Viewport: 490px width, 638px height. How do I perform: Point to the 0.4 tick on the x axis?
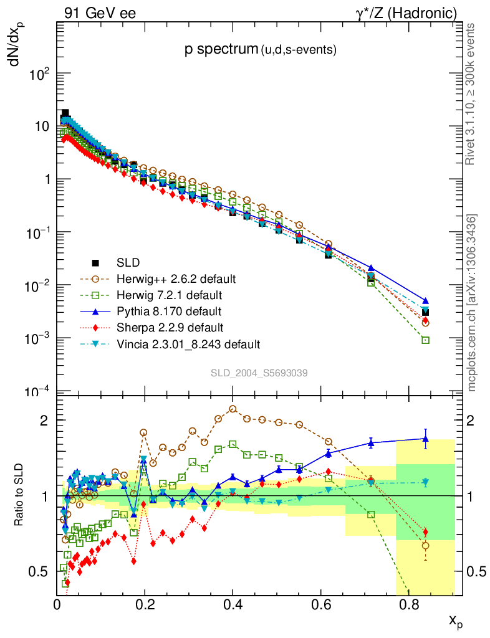(233, 603)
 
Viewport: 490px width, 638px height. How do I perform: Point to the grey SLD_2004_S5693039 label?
(258, 373)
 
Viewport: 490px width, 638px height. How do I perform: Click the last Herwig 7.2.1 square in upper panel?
(425, 340)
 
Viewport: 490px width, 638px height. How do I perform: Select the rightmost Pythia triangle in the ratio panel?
(425, 439)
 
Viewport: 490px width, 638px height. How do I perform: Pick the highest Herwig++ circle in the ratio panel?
(233, 409)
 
